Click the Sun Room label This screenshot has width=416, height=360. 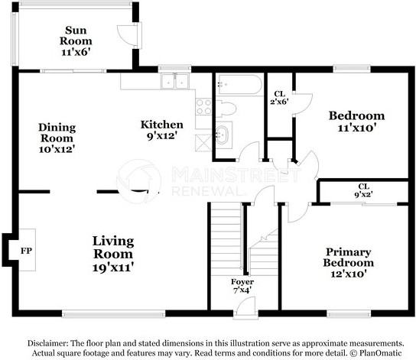[x=76, y=41]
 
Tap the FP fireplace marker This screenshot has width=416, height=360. [x=26, y=251]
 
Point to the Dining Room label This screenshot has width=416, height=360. [x=57, y=138]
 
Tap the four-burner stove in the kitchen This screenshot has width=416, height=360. [x=203, y=107]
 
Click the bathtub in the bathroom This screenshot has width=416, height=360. [x=237, y=83]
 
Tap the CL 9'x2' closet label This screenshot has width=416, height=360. [x=362, y=190]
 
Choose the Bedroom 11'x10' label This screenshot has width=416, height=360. [x=356, y=122]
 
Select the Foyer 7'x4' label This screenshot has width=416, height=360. [x=243, y=287]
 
